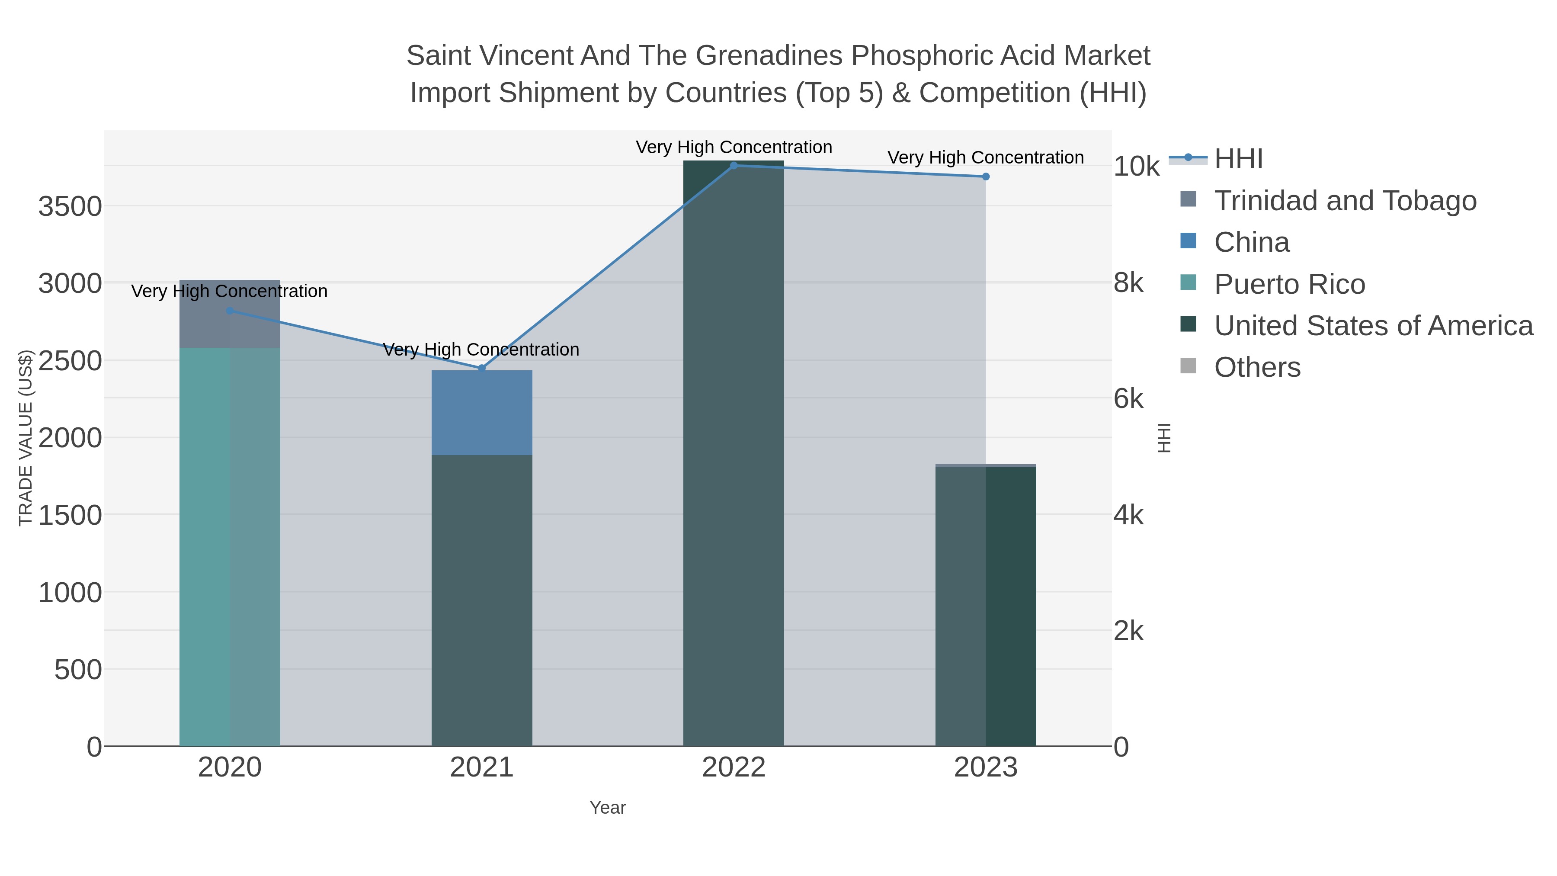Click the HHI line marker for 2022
(734, 165)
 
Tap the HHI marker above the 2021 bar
(482, 368)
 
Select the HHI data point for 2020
(230, 311)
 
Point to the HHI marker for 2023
(986, 176)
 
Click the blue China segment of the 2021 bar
(482, 412)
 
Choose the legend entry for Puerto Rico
(1289, 284)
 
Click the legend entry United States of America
(1373, 326)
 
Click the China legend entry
(1251, 242)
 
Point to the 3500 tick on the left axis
(70, 207)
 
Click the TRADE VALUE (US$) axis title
(26, 438)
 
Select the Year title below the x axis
(608, 808)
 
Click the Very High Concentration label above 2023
(985, 158)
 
